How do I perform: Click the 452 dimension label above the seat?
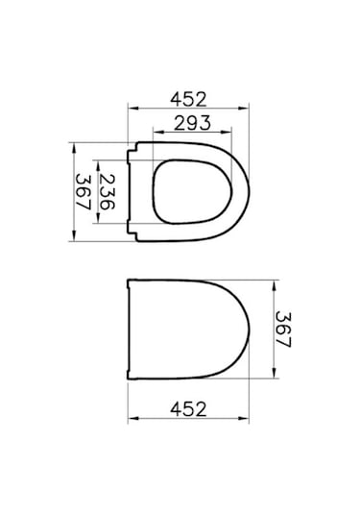click(x=188, y=99)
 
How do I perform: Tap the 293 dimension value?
click(x=192, y=123)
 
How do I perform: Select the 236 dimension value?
click(x=107, y=192)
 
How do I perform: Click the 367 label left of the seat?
click(x=84, y=192)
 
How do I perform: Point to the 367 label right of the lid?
click(x=283, y=330)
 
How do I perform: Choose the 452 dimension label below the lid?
click(x=188, y=409)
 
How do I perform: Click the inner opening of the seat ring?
click(x=193, y=192)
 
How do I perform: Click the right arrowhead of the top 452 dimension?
click(x=244, y=108)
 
